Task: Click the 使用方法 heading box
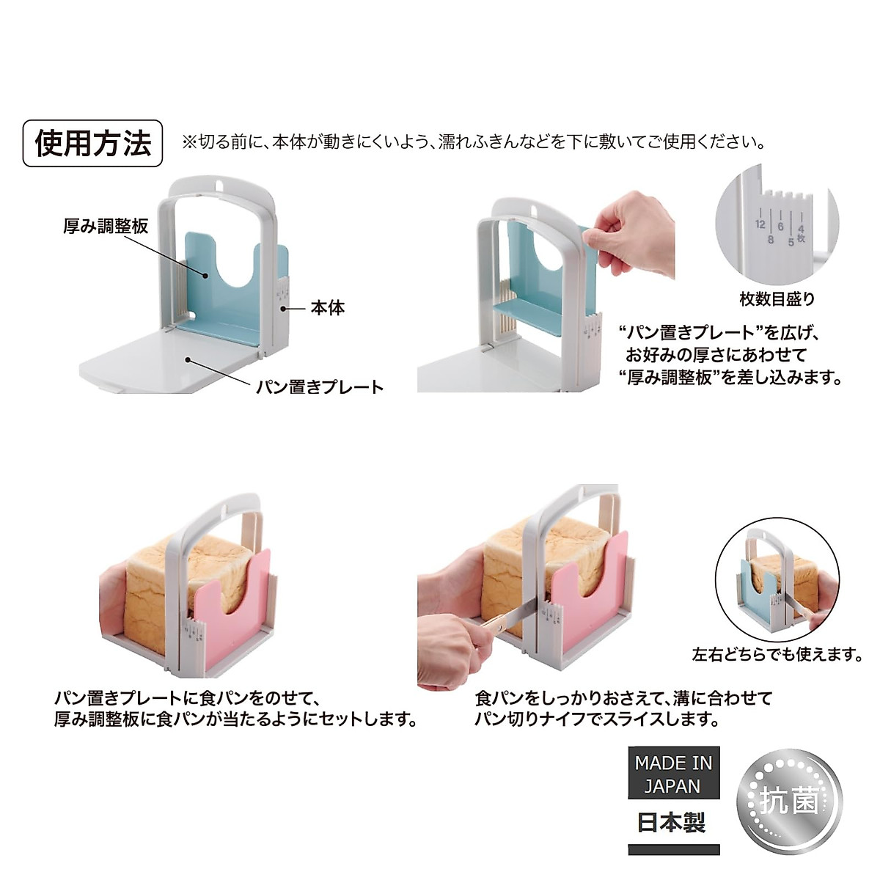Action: point(92,143)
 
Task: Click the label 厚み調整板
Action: point(106,226)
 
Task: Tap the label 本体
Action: point(327,308)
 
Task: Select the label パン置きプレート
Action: point(320,386)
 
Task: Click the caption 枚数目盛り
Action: point(777,298)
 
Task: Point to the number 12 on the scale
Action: point(760,224)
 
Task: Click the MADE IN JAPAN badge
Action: point(673,774)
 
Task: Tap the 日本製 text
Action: point(671,822)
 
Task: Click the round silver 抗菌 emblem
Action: point(789,800)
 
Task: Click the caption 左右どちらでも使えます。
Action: point(777,654)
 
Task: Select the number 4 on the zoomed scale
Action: point(801,229)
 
